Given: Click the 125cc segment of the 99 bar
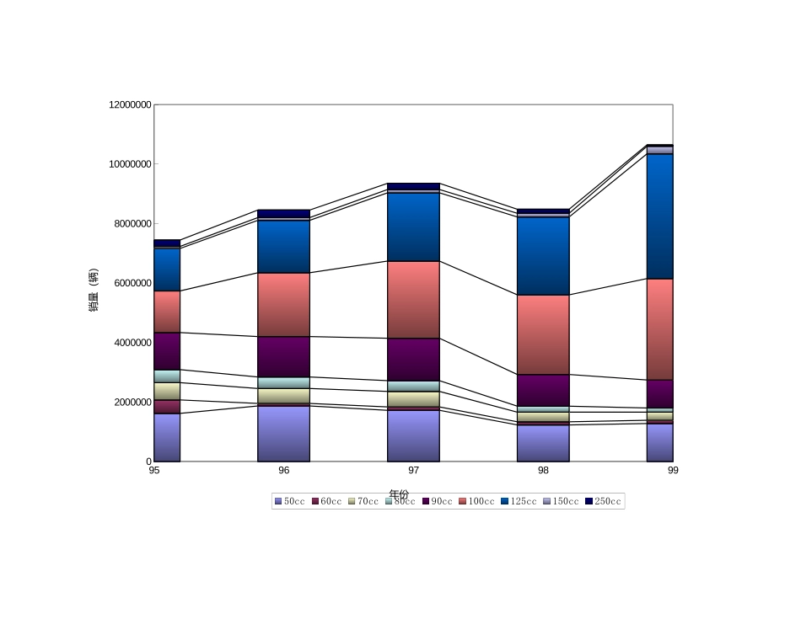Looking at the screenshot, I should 659,216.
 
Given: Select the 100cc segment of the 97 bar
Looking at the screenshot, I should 413,299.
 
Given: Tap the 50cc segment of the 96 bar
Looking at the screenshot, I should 283,433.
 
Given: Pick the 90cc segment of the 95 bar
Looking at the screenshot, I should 167,350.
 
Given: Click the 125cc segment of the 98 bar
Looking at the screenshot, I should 543,255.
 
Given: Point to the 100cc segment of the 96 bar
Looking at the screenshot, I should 283,304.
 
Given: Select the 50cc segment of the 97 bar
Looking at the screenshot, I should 413,435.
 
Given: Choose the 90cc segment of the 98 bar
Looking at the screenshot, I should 543,390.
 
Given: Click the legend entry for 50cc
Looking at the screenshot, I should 289,501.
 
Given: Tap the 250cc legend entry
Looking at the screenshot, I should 603,501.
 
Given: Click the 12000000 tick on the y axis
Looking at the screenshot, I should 130,104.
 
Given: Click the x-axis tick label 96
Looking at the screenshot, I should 283,470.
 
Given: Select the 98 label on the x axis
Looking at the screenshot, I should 543,470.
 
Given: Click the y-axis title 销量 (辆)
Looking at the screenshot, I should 94,290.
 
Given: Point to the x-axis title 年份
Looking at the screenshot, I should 399,494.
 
